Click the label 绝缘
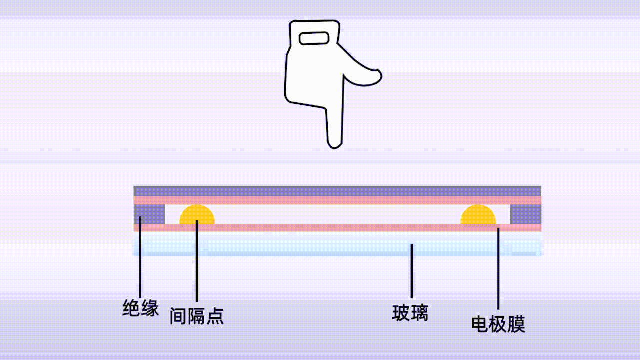[x=141, y=308]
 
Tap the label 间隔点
[x=196, y=315]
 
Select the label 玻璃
[x=410, y=313]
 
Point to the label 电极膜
[x=498, y=324]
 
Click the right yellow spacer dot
[x=478, y=215]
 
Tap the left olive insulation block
[x=149, y=214]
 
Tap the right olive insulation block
[x=525, y=214]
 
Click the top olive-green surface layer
[x=337, y=191]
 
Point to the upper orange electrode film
[x=337, y=200]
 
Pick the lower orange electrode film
[x=337, y=227]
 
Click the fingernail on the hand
[x=313, y=38]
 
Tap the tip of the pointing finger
[x=334, y=144]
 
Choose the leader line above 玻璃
[x=411, y=272]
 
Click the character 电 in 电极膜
[x=480, y=324]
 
